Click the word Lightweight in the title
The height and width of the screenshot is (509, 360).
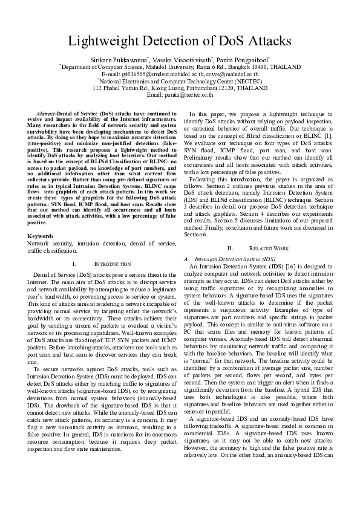point(108,41)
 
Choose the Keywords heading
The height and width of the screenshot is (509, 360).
point(41,235)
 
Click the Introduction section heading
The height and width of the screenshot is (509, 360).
point(113,264)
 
